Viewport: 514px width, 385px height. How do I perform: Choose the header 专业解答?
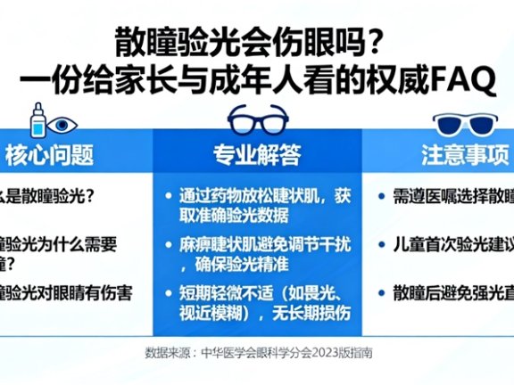click(x=256, y=156)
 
